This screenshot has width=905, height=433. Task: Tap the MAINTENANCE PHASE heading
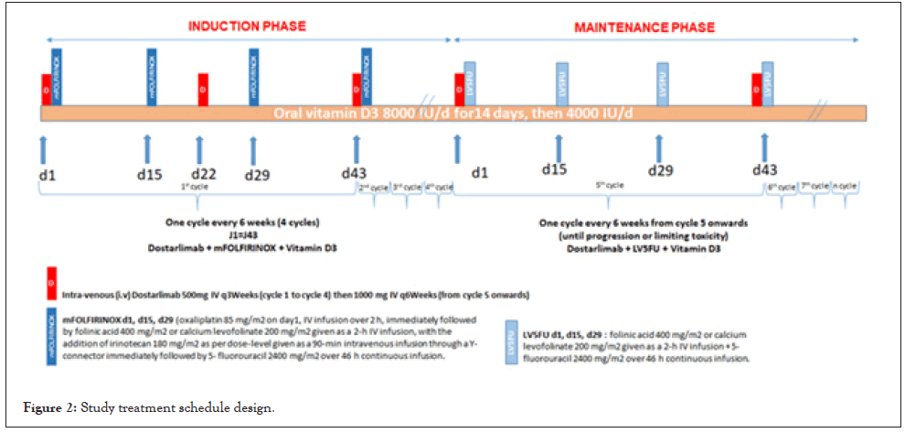(x=644, y=27)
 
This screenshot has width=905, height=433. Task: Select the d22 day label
(x=204, y=174)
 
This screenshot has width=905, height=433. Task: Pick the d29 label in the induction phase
(x=257, y=175)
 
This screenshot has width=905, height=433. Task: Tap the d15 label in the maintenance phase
(x=554, y=169)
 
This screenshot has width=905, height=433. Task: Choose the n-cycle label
(x=845, y=186)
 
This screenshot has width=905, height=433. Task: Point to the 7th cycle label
(x=813, y=186)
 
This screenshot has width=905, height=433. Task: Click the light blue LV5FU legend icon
(x=513, y=341)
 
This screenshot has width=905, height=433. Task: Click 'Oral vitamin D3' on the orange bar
(x=325, y=114)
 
